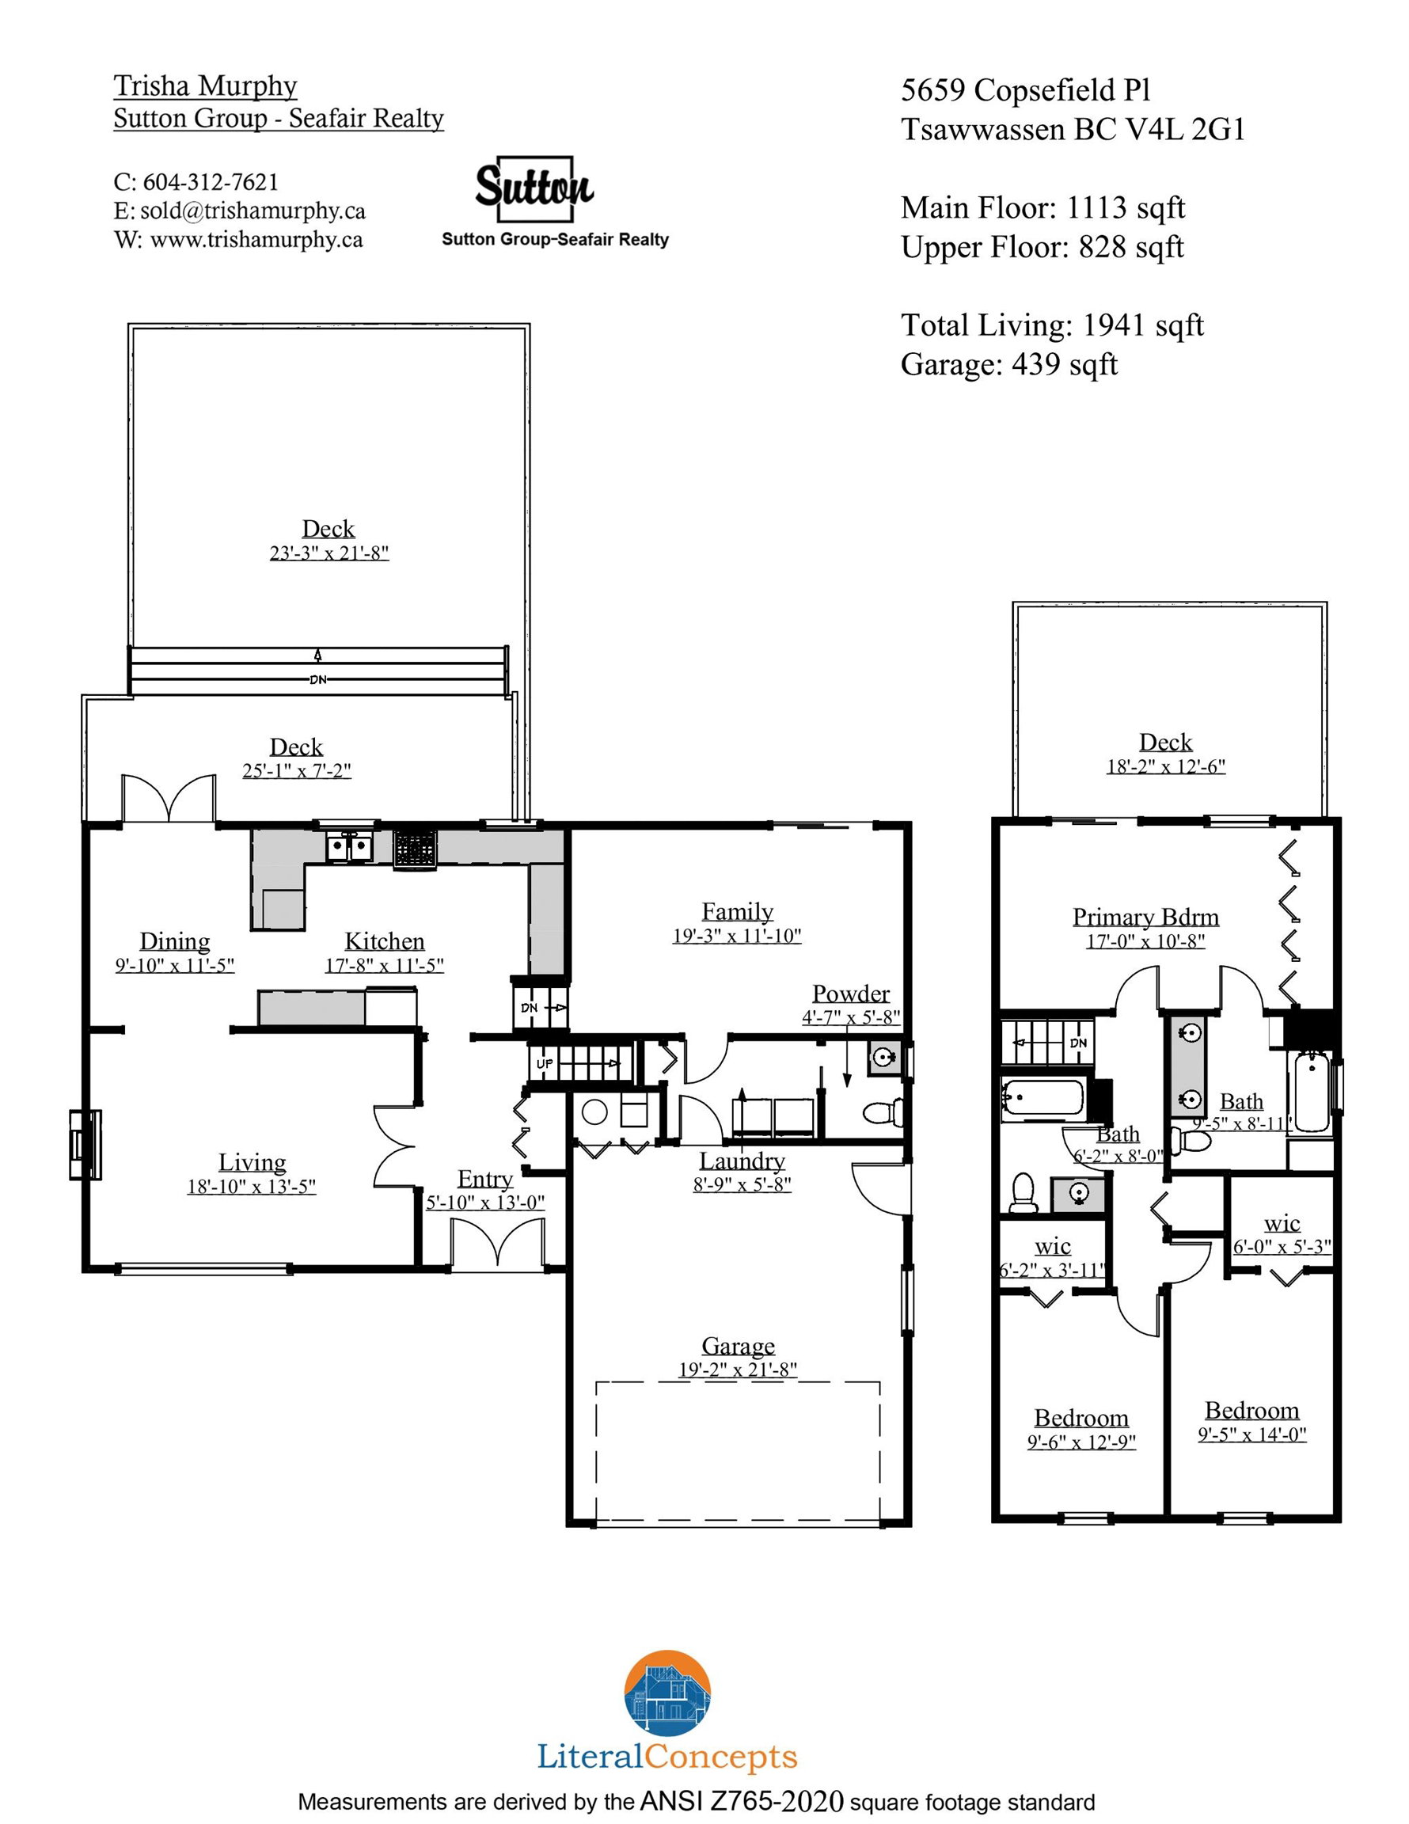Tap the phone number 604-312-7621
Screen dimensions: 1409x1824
[x=211, y=181]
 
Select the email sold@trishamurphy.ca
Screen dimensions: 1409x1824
[x=253, y=211]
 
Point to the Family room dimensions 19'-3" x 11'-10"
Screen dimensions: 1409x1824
[x=737, y=936]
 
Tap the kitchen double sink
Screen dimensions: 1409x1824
[x=349, y=848]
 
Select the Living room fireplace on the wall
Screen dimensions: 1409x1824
[x=85, y=1144]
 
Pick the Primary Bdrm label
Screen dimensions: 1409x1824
[x=1145, y=917]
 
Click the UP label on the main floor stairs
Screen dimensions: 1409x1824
[x=545, y=1063]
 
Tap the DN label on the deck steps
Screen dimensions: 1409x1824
[x=317, y=679]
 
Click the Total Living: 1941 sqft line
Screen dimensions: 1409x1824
[x=1051, y=325]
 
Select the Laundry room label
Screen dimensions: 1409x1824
[x=742, y=1161]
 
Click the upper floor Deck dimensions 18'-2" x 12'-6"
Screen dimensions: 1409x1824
[x=1166, y=766]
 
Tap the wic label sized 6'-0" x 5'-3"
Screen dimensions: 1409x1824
[x=1282, y=1223]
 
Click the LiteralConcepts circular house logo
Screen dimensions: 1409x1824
[x=667, y=1693]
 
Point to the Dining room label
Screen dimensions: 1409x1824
[x=175, y=941]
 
